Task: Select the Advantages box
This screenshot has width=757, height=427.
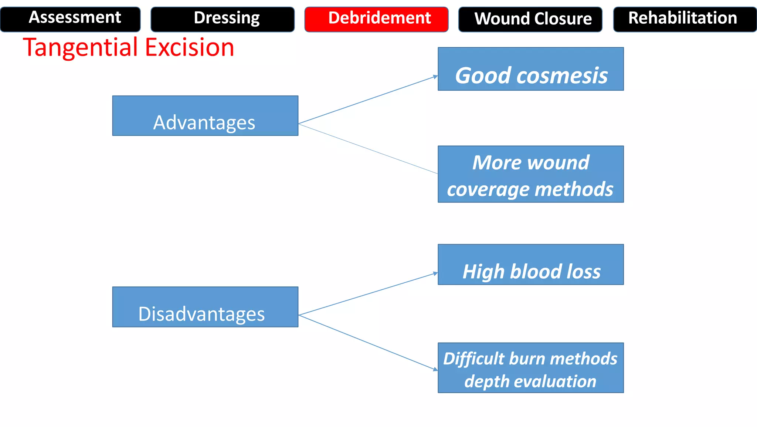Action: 205,116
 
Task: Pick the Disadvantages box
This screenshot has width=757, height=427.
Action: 205,307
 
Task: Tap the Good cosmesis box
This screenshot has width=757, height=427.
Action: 530,69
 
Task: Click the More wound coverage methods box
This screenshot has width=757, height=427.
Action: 530,174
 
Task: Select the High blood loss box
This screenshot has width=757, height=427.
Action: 530,264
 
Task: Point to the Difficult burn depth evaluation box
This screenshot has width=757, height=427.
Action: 530,367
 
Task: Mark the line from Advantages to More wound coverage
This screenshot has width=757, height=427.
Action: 368,149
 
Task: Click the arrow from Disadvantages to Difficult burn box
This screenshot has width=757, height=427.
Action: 368,342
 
